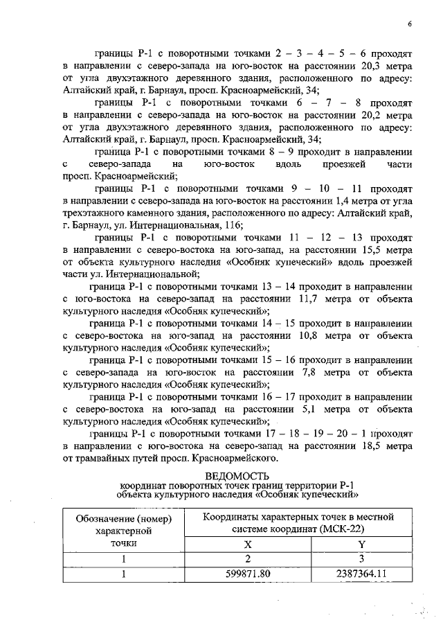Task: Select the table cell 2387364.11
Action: click(x=360, y=574)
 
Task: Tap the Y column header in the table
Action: click(x=360, y=545)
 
